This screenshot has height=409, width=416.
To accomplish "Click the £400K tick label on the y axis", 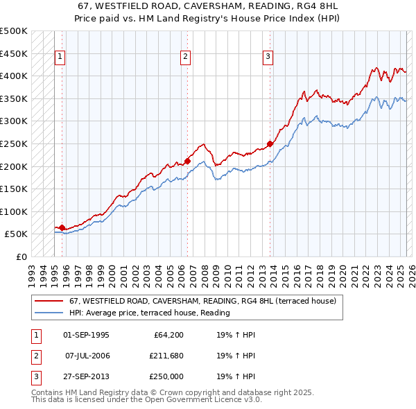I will tap(14, 76).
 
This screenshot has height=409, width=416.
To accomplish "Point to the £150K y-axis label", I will tap(14, 189).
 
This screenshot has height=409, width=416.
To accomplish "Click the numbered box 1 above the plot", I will tap(61, 58).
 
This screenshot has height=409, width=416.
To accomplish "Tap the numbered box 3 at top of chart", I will tap(268, 58).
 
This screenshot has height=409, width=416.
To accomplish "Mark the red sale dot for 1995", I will tap(62, 227).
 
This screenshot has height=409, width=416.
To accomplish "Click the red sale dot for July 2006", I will tap(187, 161).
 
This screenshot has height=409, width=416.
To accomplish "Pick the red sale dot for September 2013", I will tap(270, 143).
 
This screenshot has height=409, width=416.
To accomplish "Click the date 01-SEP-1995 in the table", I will tap(86, 335).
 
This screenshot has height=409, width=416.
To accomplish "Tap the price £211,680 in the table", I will tap(164, 356).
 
